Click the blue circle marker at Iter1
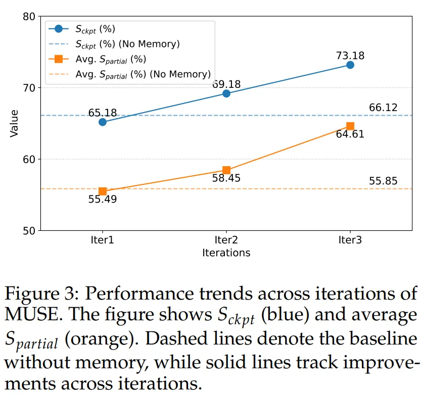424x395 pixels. pos(103,122)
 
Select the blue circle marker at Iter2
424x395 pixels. pos(226,93)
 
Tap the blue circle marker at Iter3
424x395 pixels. pos(350,65)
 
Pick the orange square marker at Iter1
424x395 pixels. pos(103,191)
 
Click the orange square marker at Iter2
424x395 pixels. pos(226,170)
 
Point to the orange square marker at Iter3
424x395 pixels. pos(350,126)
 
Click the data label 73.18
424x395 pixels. pos(350,56)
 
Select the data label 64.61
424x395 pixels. pos(350,135)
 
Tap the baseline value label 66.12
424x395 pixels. pos(383,108)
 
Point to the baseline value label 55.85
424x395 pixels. pos(383,181)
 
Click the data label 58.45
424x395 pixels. pos(226,178)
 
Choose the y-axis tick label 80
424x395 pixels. pos(29,17)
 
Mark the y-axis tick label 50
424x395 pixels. pos(29,231)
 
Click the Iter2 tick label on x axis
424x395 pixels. pos(226,240)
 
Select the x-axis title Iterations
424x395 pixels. pos(226,252)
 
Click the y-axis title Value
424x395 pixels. pos(14,124)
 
